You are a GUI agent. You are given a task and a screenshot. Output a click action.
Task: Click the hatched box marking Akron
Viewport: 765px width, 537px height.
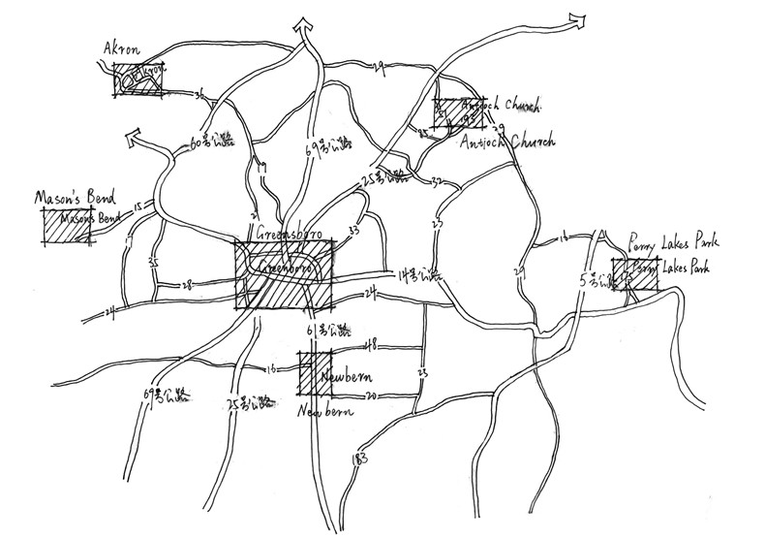tap(138, 78)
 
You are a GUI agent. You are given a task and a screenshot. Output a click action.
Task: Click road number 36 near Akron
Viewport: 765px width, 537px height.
tap(199, 95)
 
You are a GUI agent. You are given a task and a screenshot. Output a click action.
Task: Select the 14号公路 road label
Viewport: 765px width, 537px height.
tap(416, 275)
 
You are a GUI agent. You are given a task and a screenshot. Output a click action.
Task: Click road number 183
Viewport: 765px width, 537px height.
tap(361, 457)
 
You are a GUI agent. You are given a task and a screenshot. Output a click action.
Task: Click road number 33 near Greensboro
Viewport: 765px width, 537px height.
tap(352, 232)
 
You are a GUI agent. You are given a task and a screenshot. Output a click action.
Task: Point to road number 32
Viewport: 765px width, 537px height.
tap(437, 181)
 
